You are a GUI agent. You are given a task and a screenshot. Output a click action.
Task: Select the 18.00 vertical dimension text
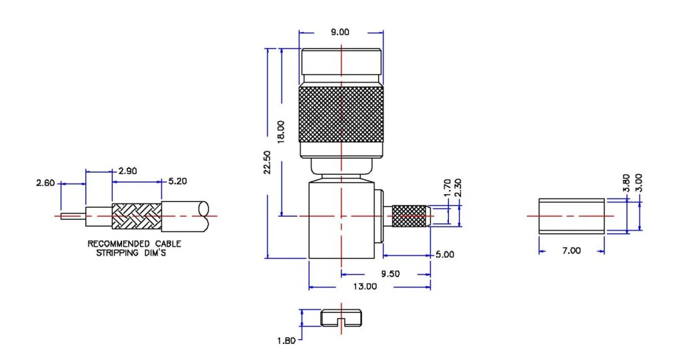pyautogui.click(x=281, y=131)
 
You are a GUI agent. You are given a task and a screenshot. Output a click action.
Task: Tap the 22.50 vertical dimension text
pyautogui.click(x=267, y=161)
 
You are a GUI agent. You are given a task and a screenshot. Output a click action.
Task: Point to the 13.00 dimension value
pyautogui.click(x=366, y=287)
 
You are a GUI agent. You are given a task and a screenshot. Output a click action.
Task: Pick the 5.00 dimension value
pyautogui.click(x=444, y=255)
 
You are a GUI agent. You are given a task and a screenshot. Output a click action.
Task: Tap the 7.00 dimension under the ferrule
pyautogui.click(x=572, y=251)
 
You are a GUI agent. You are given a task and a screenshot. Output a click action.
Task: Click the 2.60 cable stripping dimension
pyautogui.click(x=46, y=181)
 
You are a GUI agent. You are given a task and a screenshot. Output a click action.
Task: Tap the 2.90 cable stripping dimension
pyautogui.click(x=127, y=171)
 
